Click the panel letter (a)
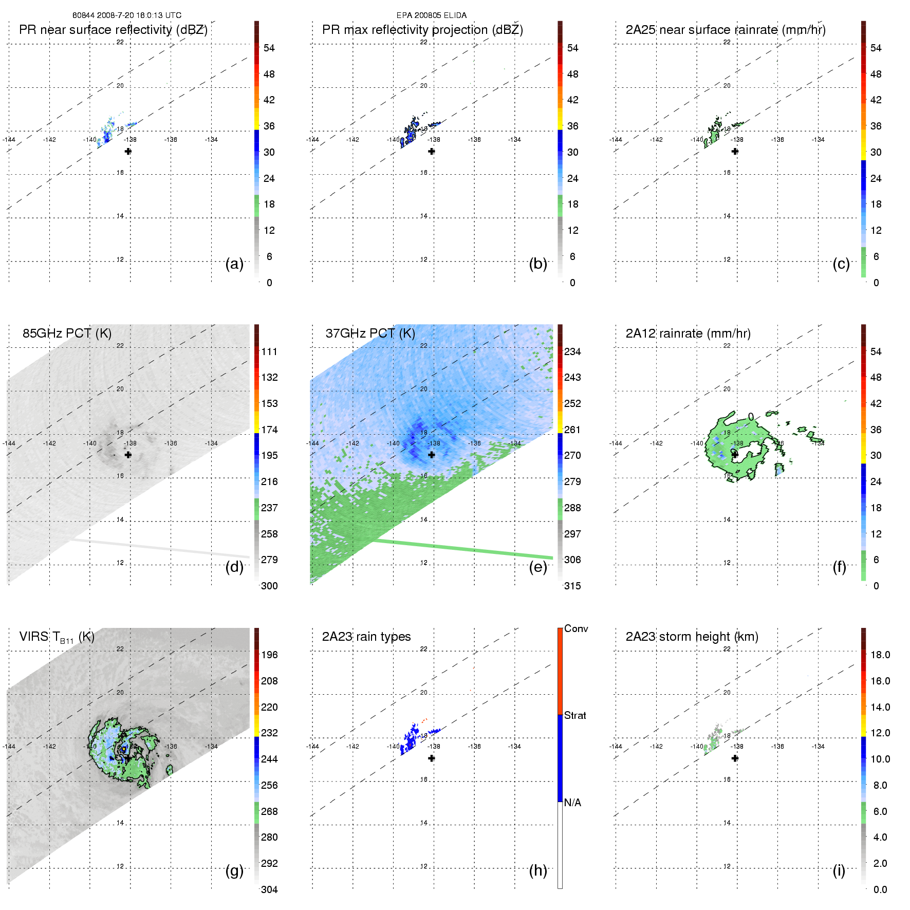pyautogui.click(x=234, y=264)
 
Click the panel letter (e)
pyautogui.click(x=537, y=567)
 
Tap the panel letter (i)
pyautogui.click(x=839, y=870)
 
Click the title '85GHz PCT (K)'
pyautogui.click(x=67, y=333)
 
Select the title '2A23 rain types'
pyautogui.click(x=366, y=637)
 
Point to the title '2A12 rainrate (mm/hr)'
pyautogui.click(x=688, y=333)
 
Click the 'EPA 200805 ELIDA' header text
pyautogui.click(x=431, y=15)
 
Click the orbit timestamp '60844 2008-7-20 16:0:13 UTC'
pyautogui.click(x=126, y=15)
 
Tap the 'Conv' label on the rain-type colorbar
pyautogui.click(x=575, y=628)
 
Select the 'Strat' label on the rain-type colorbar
pyautogui.click(x=575, y=715)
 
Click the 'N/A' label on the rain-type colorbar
pyautogui.click(x=572, y=803)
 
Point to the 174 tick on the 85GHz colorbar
pyautogui.click(x=269, y=430)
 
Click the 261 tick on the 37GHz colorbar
pyautogui.click(x=572, y=430)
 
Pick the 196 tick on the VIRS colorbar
pyautogui.click(x=269, y=655)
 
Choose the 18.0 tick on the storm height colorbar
pyautogui.click(x=880, y=655)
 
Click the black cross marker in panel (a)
pyautogui.click(x=128, y=151)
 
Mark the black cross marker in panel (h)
pyautogui.click(x=432, y=758)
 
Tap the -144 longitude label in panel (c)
pyautogui.click(x=616, y=140)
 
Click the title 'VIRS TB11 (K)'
pyautogui.click(x=57, y=637)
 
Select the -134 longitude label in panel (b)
pyautogui.click(x=514, y=140)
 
